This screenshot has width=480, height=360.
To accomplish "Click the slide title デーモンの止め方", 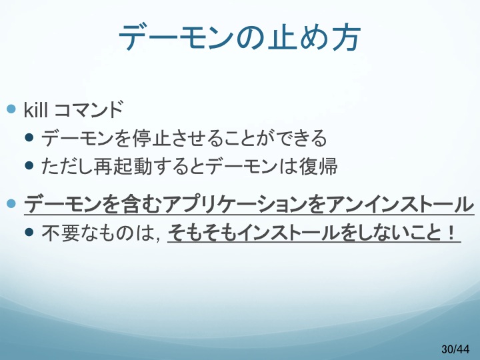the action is (240, 37).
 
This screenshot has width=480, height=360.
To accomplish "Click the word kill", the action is (35, 109).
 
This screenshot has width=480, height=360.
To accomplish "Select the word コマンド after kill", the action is (89, 109).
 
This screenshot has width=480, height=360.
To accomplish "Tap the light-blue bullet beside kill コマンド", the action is (11, 109).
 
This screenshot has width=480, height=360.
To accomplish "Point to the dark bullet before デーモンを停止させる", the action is (29, 137).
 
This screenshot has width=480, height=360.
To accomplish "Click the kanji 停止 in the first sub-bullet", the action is (151, 138).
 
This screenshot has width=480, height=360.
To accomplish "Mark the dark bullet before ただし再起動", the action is (29, 165).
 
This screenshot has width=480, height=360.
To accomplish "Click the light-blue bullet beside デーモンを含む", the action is (11, 203).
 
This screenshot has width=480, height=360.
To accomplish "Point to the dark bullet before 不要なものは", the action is (29, 232).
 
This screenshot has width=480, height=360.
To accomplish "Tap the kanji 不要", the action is (61, 233).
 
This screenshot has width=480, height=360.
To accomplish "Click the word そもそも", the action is (202, 233).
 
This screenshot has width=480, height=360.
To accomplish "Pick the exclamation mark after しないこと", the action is (451, 233).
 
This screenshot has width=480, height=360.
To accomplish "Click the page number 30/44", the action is (455, 349).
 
